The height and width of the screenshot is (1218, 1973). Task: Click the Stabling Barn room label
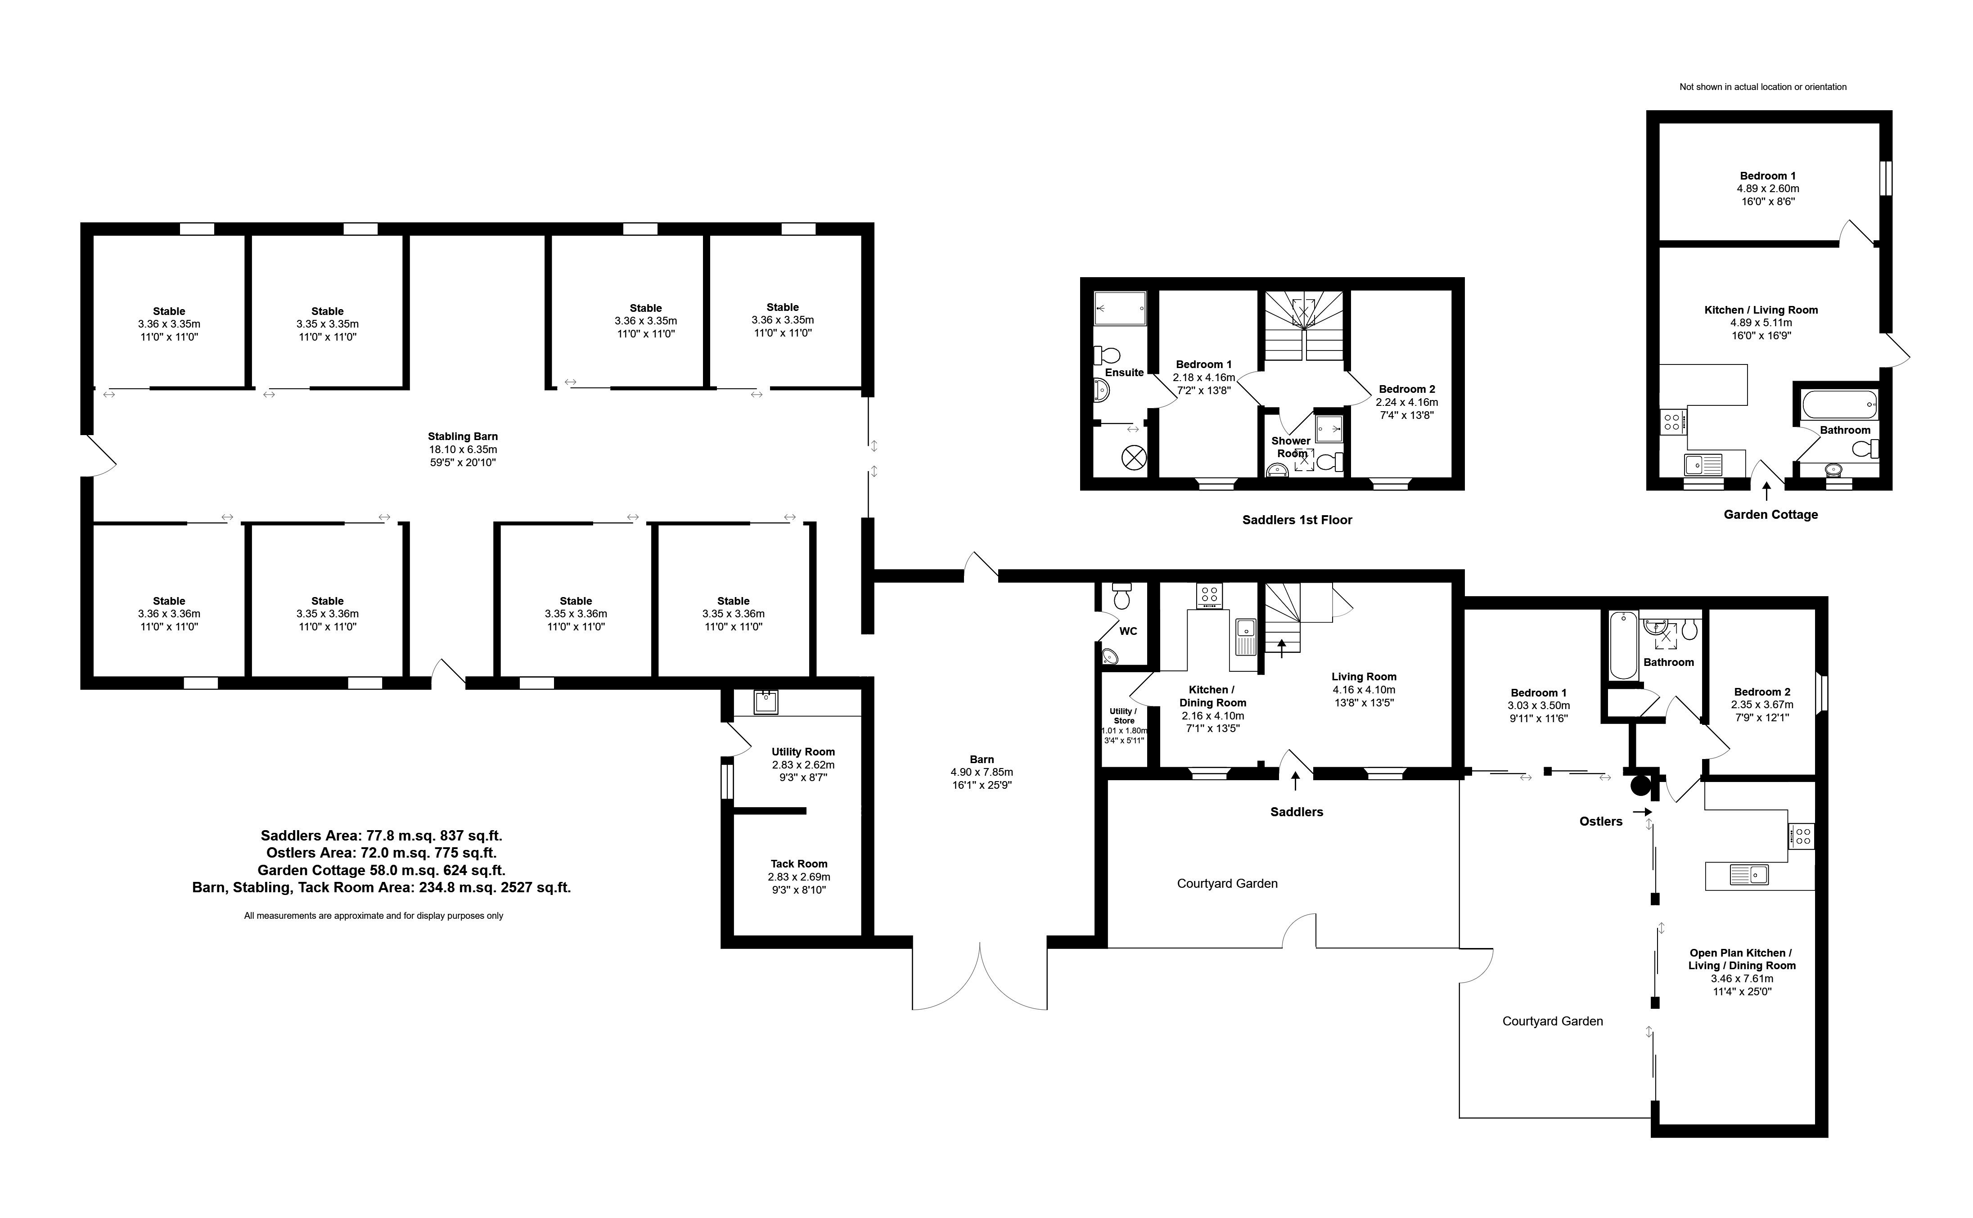pos(463,436)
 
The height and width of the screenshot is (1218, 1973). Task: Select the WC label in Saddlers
pos(1128,631)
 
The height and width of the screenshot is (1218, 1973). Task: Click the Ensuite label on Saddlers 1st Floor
pos(1124,372)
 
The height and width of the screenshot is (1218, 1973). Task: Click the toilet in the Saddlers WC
pos(1121,597)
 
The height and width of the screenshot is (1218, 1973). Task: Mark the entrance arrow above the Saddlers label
pos(1296,781)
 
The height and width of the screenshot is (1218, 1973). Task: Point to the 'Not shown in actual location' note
pos(1763,87)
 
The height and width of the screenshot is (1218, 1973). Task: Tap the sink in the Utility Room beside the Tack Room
pos(766,701)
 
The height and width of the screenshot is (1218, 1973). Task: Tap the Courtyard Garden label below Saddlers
pos(1226,884)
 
